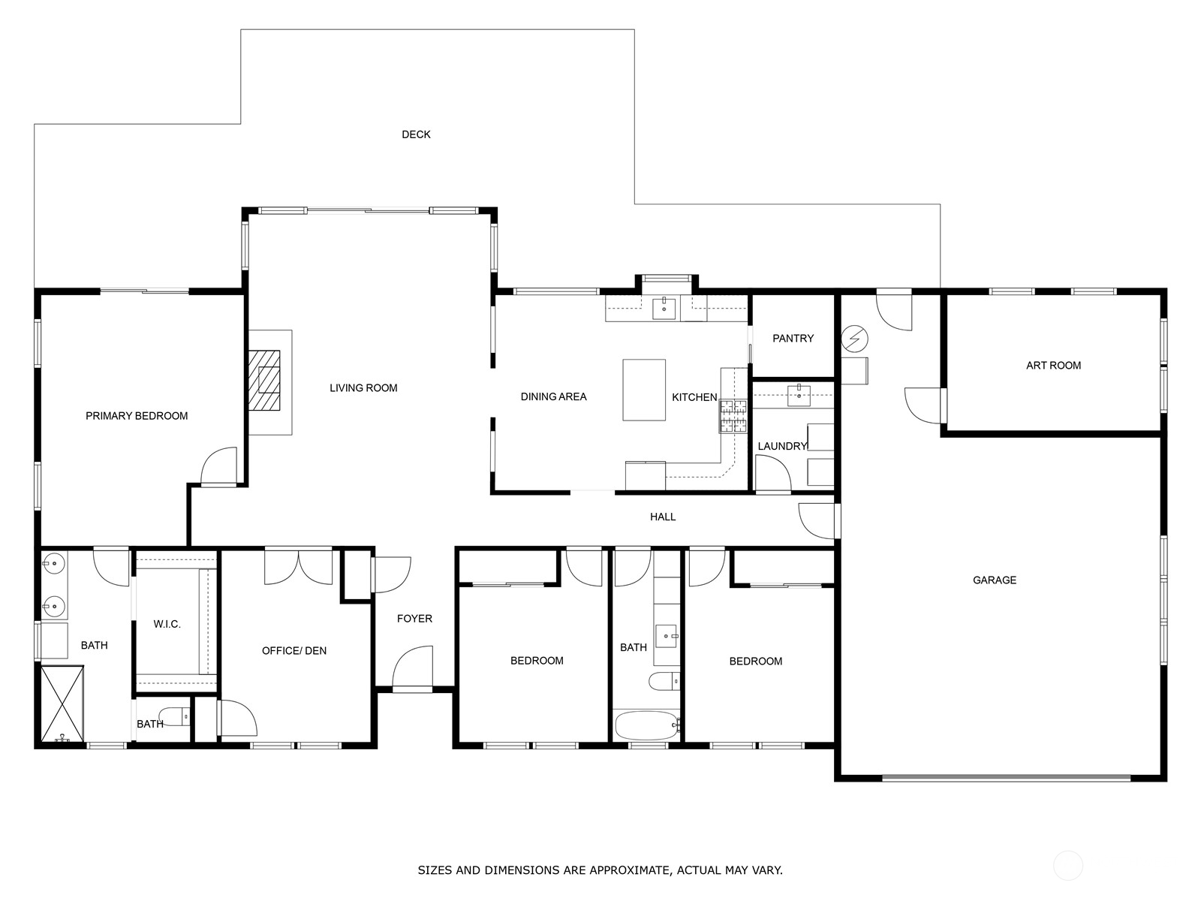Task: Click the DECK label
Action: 416,134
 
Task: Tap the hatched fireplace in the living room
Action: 264,380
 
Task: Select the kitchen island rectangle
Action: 644,390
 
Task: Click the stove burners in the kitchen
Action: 733,416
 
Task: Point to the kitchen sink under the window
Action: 664,309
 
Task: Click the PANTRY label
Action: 793,339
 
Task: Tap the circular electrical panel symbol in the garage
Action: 855,339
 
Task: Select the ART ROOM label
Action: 1053,366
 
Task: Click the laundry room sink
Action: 799,396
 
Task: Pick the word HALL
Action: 663,517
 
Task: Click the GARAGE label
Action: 994,580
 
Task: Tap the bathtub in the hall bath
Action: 647,725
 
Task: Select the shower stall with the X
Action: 62,704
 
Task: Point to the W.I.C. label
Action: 167,624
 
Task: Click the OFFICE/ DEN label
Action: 293,651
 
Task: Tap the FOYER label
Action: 414,619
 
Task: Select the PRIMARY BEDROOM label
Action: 137,416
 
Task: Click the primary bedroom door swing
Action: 219,466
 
